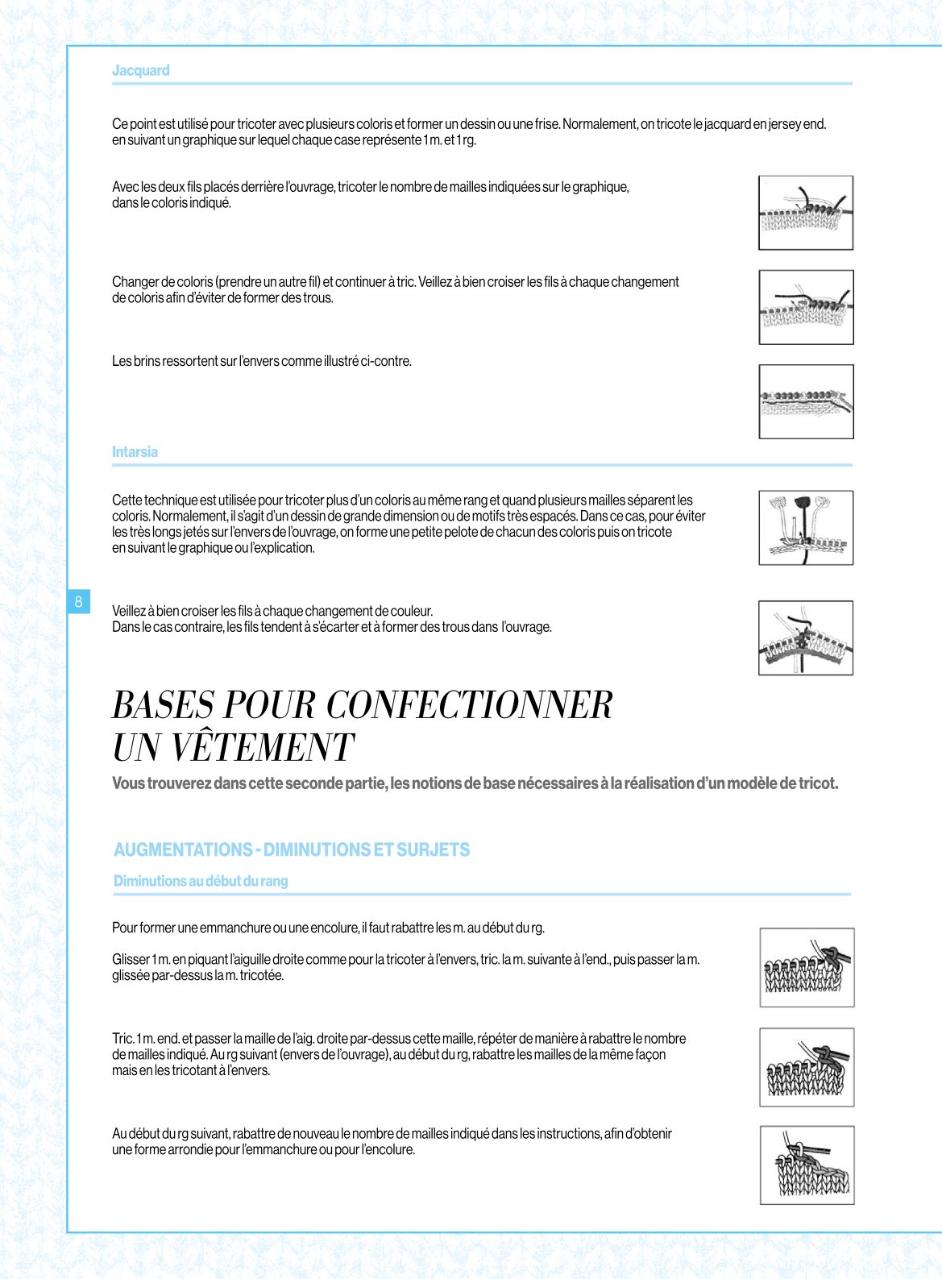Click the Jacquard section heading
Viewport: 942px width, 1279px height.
pyautogui.click(x=140, y=70)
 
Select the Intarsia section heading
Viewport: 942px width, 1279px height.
pyautogui.click(x=135, y=451)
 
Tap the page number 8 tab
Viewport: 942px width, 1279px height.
pyautogui.click(x=79, y=601)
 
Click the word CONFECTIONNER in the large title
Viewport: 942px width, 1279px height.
pyautogui.click(x=469, y=704)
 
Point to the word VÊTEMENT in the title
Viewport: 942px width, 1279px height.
pyautogui.click(x=263, y=747)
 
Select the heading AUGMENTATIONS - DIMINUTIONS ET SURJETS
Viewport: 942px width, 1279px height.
pyautogui.click(x=292, y=849)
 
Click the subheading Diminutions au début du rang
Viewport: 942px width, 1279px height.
pyautogui.click(x=201, y=881)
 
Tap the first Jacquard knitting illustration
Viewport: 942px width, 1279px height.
pyautogui.click(x=806, y=213)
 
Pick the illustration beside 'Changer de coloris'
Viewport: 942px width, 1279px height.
pyautogui.click(x=806, y=307)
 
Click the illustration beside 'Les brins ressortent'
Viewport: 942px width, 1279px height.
pyautogui.click(x=806, y=402)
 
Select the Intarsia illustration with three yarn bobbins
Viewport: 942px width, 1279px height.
pyautogui.click(x=806, y=528)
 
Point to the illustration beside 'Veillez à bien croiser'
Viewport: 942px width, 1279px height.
pyautogui.click(x=806, y=637)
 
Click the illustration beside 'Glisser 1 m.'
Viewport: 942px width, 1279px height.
pyautogui.click(x=807, y=967)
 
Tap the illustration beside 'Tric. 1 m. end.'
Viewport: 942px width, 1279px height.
pyautogui.click(x=807, y=1067)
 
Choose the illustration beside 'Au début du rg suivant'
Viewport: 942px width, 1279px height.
pyautogui.click(x=807, y=1165)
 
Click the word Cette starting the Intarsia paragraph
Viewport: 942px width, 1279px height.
pyautogui.click(x=127, y=500)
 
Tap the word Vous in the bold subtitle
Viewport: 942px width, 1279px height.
pyautogui.click(x=128, y=783)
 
